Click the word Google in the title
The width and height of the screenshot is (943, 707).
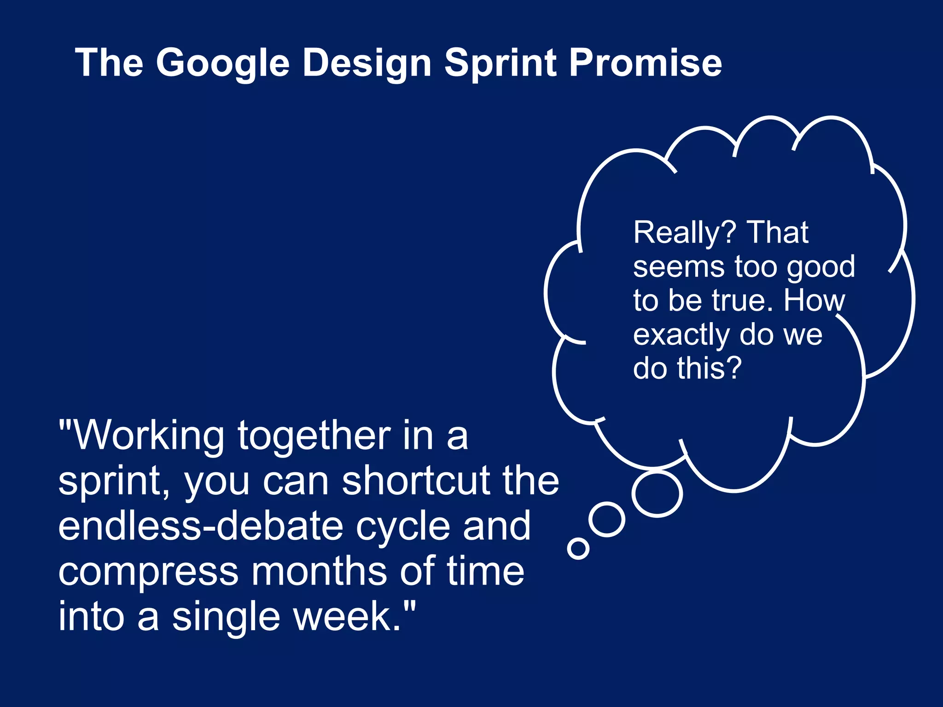(x=223, y=63)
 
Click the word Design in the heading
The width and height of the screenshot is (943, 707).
(x=367, y=63)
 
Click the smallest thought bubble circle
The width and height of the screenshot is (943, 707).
(x=578, y=548)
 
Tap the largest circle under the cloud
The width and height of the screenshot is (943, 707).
(x=657, y=493)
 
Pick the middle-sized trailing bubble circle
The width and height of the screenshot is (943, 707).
(x=607, y=520)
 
